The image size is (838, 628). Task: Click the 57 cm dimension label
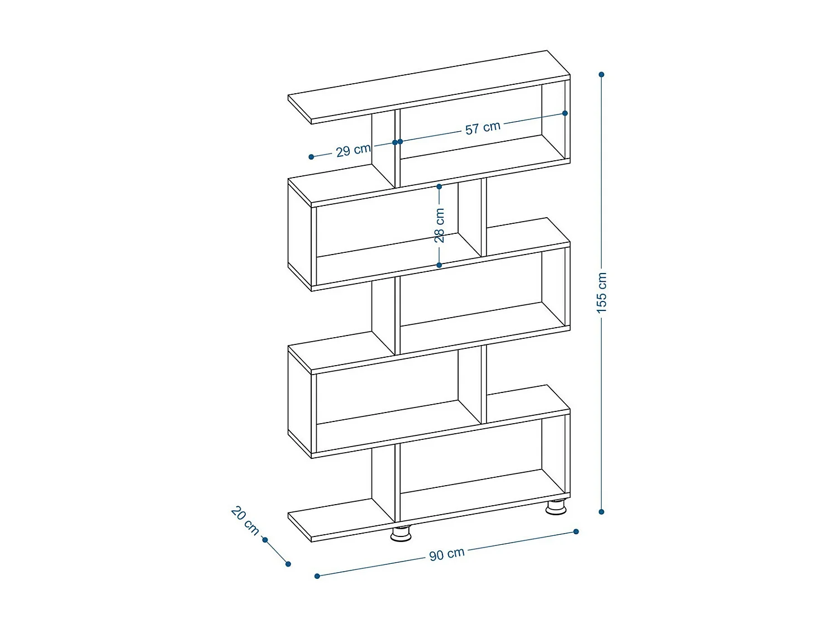point(483,128)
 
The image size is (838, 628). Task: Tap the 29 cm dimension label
point(353,150)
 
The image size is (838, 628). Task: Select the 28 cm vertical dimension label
point(440,225)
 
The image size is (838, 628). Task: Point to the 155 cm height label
point(602,293)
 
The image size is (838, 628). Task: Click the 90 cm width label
point(447,554)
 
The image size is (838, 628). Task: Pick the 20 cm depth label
point(245,520)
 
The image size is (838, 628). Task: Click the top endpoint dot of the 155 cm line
point(602,74)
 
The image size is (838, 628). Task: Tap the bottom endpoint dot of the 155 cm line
point(602,511)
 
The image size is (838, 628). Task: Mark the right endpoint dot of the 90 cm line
point(576,531)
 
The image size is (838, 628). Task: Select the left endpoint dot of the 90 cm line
point(317,576)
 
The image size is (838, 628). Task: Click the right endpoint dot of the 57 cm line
point(565,113)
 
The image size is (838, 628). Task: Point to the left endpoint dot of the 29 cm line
point(311,157)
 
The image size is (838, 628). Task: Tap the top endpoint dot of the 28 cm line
point(439,186)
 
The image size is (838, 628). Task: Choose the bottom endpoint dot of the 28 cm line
point(439,265)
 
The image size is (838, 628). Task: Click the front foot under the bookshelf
point(401,534)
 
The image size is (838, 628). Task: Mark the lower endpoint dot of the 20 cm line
point(288,564)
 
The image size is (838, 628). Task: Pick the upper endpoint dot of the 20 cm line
point(265,540)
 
